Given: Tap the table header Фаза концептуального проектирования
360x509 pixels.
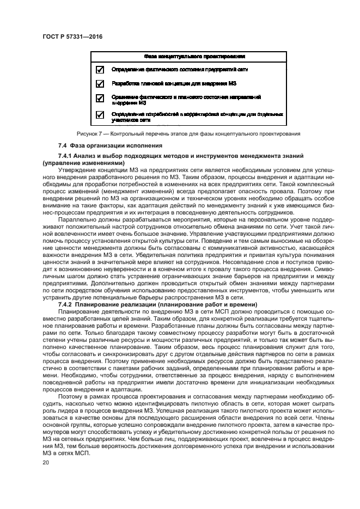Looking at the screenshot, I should [194, 56].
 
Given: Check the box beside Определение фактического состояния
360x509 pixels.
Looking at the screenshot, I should [100, 70].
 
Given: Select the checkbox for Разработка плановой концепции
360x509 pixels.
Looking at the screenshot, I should [100, 84].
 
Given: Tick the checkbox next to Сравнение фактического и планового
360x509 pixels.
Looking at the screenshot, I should [100, 99].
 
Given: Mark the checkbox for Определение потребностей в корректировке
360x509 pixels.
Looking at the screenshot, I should [100, 115].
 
